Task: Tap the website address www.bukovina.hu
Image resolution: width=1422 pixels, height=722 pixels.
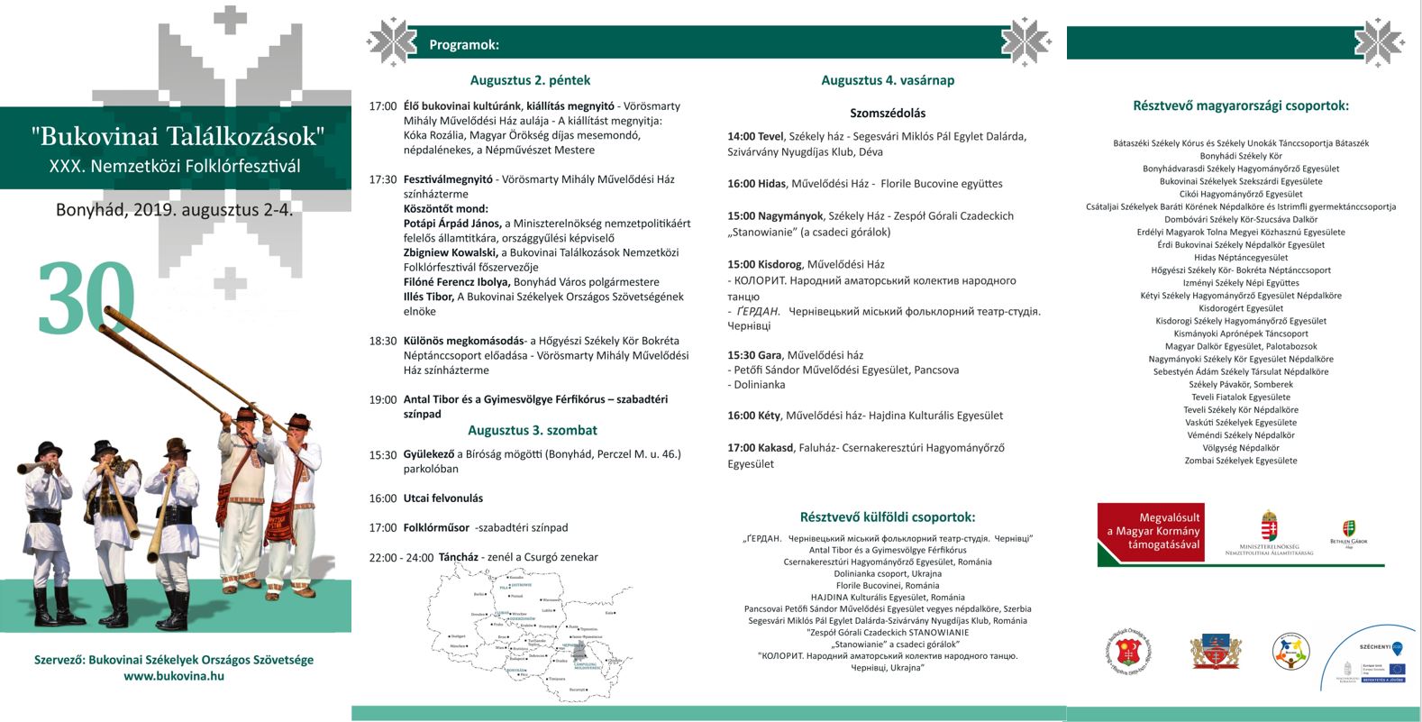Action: (x=174, y=675)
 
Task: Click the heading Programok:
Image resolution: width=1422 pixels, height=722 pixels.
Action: (x=464, y=45)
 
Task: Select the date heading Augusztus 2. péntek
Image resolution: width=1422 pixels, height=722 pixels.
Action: (x=530, y=80)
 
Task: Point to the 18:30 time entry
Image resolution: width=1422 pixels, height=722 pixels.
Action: (x=383, y=341)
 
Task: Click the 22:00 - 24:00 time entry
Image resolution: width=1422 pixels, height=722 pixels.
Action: (x=401, y=558)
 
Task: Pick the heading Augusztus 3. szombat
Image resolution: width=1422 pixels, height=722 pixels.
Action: (x=533, y=430)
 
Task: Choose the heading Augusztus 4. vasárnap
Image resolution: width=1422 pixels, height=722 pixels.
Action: (x=888, y=80)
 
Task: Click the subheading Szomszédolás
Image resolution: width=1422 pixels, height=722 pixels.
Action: (x=888, y=114)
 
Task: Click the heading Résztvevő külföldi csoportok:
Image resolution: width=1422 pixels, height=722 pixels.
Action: (x=888, y=517)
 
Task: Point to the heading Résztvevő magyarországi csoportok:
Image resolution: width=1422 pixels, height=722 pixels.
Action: (x=1240, y=105)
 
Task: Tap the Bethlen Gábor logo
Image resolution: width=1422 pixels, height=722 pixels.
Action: (x=1349, y=533)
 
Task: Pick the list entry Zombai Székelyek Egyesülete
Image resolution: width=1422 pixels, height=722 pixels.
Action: (x=1241, y=461)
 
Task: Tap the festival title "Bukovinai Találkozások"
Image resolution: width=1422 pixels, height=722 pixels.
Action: (x=177, y=137)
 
